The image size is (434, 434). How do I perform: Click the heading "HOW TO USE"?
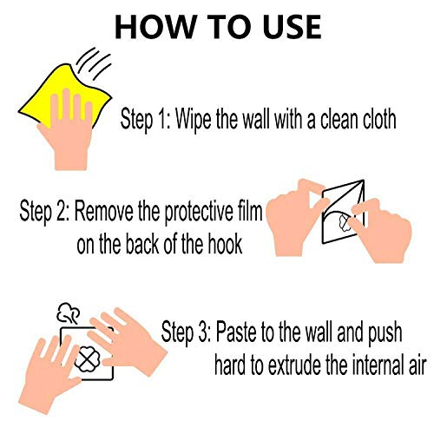(217, 26)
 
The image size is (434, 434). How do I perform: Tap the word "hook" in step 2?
(228, 246)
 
